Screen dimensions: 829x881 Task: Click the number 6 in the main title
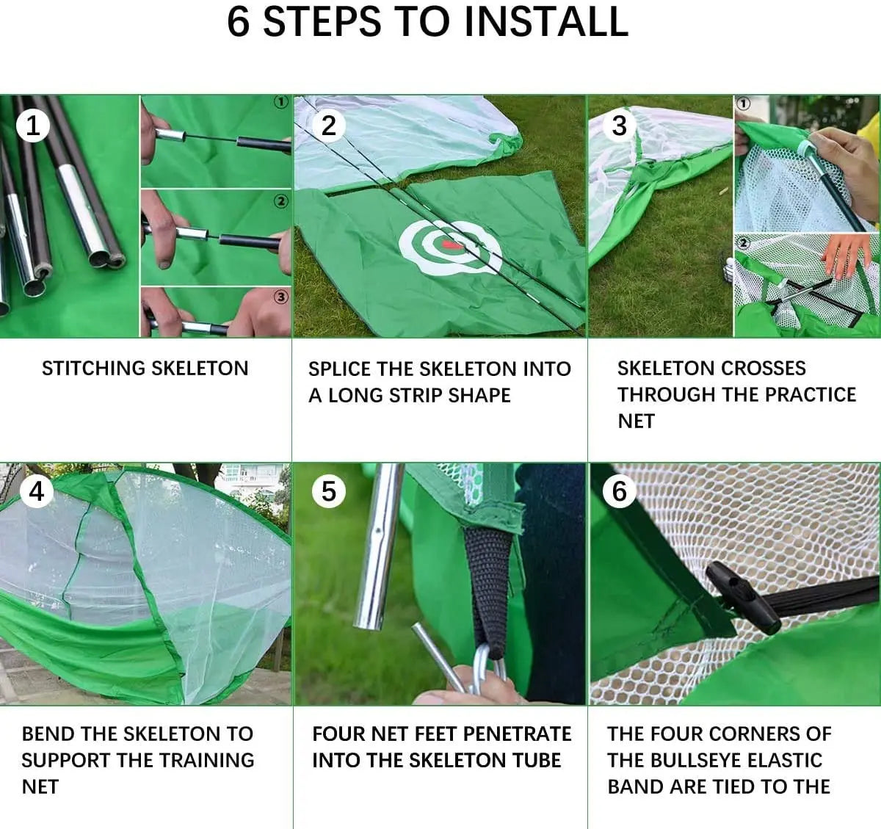238,21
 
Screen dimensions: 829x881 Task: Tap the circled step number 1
32,126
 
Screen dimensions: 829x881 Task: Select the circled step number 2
328,126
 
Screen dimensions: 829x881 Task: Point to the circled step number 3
619,126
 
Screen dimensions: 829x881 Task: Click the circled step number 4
36,490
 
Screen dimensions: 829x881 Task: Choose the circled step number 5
328,490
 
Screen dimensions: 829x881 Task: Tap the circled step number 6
619,490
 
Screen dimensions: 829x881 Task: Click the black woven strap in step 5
489,587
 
